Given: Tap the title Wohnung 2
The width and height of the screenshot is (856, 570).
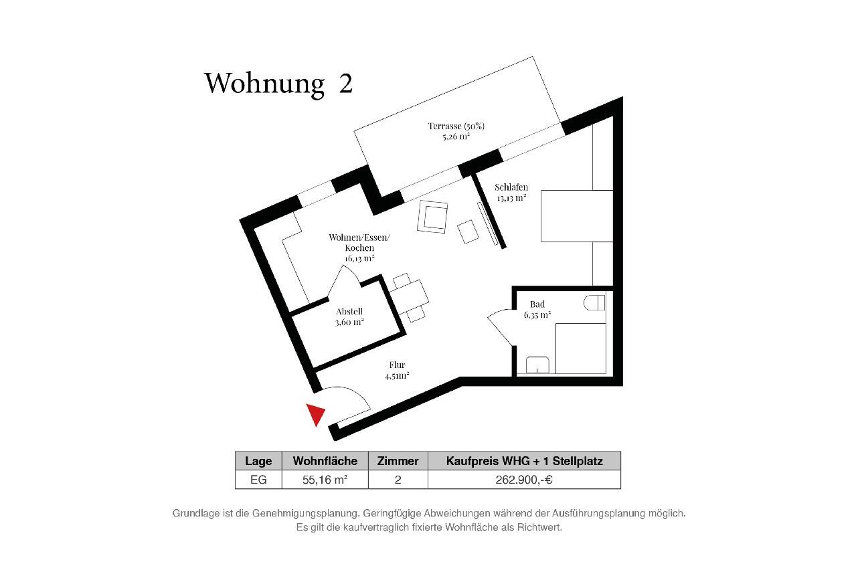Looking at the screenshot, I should pos(278,83).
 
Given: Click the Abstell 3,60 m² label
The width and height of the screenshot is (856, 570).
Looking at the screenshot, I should pos(349,316).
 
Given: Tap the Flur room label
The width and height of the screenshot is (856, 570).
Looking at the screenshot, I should pos(397,370).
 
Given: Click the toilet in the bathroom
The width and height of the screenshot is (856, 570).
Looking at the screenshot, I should pos(594,303).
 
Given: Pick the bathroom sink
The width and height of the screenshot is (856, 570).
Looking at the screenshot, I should pos(538,365).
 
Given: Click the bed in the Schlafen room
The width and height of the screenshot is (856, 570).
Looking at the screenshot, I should pos(576,215).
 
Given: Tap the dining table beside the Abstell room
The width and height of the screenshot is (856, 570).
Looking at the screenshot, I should pos(409,295).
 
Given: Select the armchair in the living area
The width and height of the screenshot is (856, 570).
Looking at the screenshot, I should pos(433,217).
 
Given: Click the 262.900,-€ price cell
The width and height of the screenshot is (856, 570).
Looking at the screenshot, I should pos(524,479).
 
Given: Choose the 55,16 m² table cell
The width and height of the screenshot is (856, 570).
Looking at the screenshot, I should pos(325,479).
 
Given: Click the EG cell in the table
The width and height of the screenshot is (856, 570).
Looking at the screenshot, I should pos(258,479).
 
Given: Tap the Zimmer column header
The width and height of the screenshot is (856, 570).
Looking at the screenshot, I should pos(398,461).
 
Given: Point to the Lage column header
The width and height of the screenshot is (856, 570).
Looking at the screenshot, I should pos(258,461).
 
